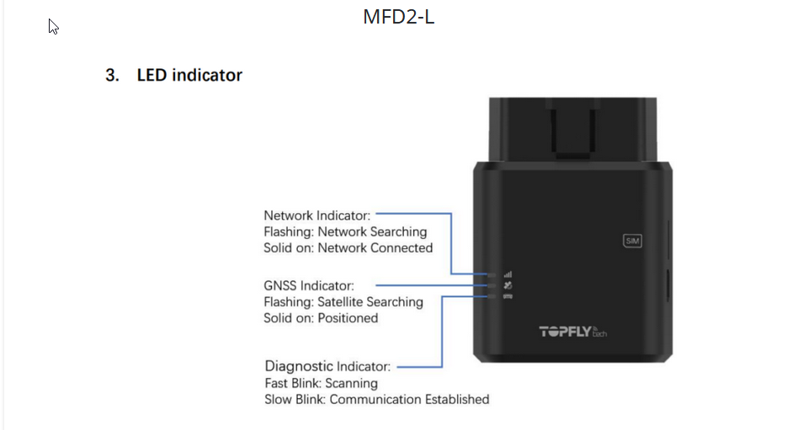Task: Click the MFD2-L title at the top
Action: pos(399,17)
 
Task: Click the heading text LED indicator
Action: pos(189,75)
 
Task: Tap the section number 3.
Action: pos(112,75)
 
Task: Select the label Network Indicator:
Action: pos(316,215)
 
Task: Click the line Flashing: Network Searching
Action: pos(345,232)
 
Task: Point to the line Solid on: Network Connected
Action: pos(348,248)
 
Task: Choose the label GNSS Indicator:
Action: pos(309,286)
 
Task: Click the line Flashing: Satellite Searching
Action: pos(343,302)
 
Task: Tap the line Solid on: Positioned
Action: pos(321,318)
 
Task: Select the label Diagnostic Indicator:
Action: pos(327,366)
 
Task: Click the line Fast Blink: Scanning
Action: pos(322,383)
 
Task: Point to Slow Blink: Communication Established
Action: pos(377,399)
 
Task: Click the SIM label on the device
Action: pos(632,241)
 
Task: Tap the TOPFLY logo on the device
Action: pos(573,332)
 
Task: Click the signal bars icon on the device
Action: pos(508,274)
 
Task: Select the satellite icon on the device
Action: pos(508,285)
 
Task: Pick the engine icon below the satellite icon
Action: pos(508,296)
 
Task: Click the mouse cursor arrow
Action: pos(53,26)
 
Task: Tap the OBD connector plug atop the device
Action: pos(573,130)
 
